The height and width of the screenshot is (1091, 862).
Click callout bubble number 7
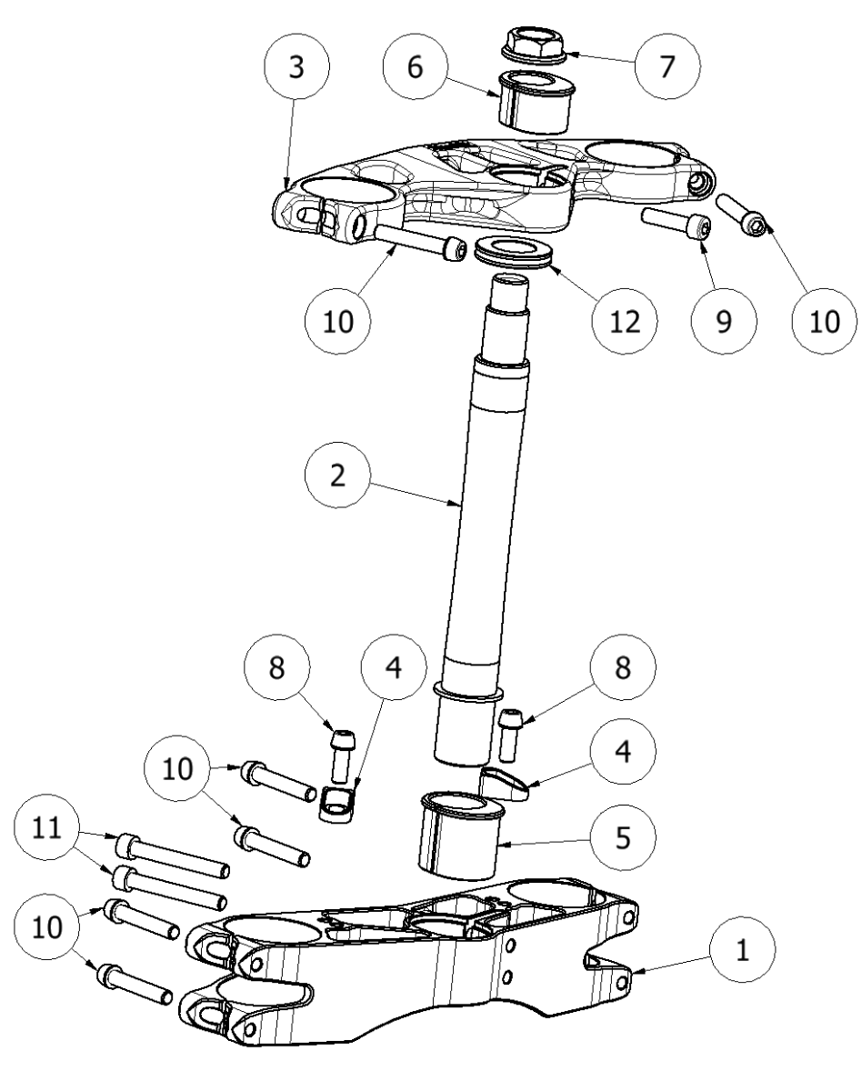668,70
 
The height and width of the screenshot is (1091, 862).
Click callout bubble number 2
338,479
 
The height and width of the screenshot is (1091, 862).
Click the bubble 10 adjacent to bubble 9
822,320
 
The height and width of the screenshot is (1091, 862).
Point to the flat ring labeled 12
513,251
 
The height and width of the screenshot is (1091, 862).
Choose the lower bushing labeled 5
463,836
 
